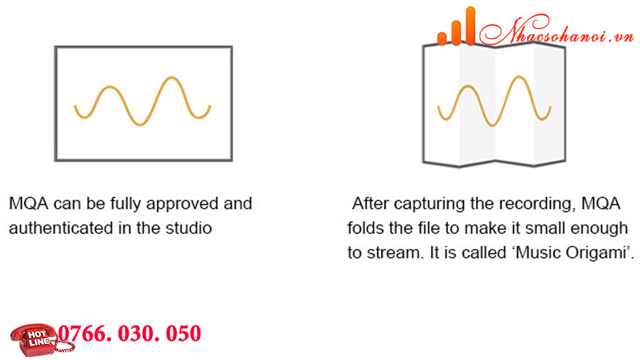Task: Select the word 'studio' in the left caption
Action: (188, 228)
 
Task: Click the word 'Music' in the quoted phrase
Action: (538, 253)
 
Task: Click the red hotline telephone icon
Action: (40, 339)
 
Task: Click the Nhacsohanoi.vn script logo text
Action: (556, 30)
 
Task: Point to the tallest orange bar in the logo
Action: (470, 26)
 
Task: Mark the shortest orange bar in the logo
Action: (442, 38)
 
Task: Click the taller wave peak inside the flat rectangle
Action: (171, 78)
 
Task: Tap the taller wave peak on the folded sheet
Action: (518, 77)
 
